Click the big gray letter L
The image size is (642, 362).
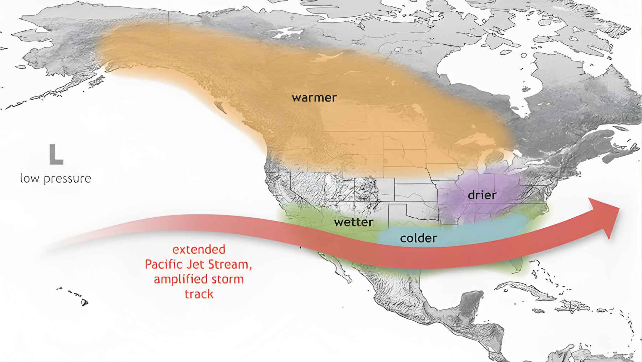click(x=56, y=155)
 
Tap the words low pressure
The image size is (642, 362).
click(x=56, y=178)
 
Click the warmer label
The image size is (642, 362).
click(x=314, y=98)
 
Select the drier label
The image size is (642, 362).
click(x=482, y=195)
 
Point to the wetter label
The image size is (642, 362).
click(x=353, y=222)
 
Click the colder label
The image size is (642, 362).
click(x=418, y=238)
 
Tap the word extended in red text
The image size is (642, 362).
click(x=199, y=249)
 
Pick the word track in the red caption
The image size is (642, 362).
click(x=199, y=294)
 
